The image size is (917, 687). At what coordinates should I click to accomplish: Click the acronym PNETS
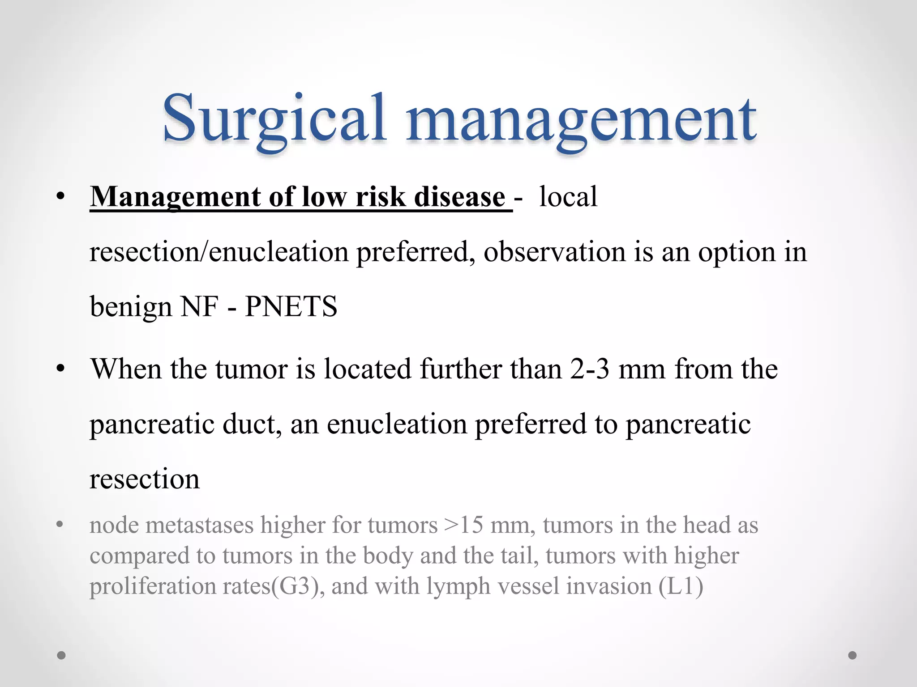291,307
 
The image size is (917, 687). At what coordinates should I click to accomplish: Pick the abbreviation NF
199,307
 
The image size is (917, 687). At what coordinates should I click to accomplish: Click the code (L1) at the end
681,586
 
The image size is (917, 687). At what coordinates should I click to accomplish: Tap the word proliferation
153,586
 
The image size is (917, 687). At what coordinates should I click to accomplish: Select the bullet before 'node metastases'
60,525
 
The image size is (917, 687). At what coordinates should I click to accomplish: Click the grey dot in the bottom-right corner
853,655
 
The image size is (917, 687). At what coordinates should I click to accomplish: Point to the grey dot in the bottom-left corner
61,655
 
